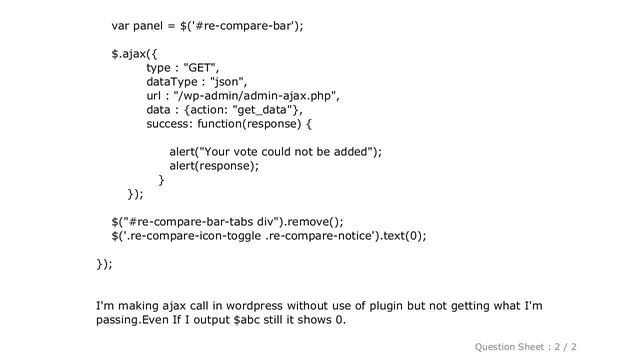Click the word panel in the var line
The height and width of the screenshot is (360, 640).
click(148, 26)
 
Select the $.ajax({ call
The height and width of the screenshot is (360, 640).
click(134, 54)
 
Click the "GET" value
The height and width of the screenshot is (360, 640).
click(199, 68)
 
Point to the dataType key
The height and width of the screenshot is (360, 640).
click(172, 82)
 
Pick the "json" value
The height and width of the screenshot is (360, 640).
click(227, 82)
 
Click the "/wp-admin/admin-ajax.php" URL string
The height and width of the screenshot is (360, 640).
click(255, 96)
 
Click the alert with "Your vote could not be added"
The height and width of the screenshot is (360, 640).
click(276, 152)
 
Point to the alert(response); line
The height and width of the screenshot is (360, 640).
click(214, 166)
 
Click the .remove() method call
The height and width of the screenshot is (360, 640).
click(314, 222)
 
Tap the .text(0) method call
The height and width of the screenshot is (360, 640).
click(401, 236)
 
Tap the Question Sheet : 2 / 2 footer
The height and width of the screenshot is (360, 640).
click(526, 347)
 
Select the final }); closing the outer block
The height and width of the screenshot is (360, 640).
click(104, 264)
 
